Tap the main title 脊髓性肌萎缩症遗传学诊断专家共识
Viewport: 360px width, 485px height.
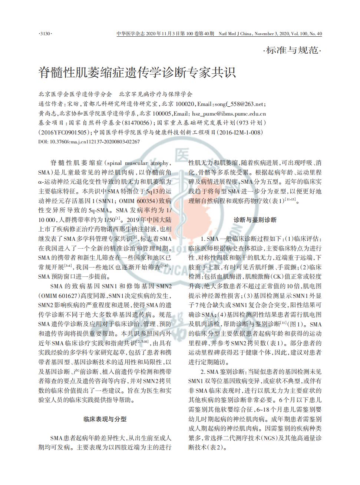point(137,72)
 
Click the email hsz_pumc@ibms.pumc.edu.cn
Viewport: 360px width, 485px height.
point(229,114)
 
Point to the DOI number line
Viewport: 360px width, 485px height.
point(89,142)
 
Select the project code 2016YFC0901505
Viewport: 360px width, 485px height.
point(63,132)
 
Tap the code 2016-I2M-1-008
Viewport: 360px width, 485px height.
point(240,132)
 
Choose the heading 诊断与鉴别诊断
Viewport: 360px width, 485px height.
point(255,220)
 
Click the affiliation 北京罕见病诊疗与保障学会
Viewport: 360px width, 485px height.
point(155,94)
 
